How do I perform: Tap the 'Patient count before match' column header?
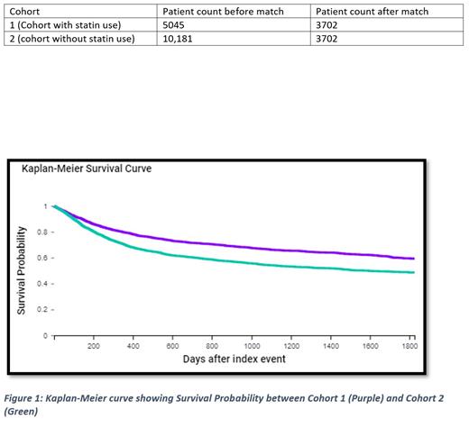pos(220,12)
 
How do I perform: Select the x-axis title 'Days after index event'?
pos(234,360)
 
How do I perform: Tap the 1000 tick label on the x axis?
pos(253,344)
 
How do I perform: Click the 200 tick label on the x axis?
pos(93,344)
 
